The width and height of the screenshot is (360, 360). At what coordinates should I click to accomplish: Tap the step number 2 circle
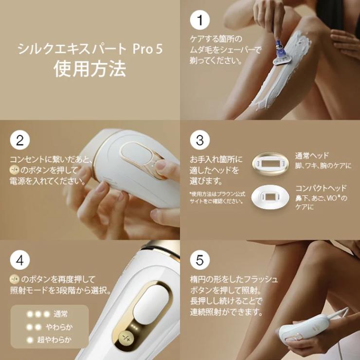tap(20, 141)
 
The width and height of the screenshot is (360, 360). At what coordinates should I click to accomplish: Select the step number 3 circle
tap(199, 141)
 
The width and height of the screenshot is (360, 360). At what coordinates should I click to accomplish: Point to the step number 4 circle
tap(20, 260)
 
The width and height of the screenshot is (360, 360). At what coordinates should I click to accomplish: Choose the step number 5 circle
tap(199, 260)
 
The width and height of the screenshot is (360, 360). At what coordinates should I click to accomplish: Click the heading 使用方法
tap(90, 69)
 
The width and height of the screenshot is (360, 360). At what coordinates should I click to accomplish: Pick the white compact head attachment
tap(270, 197)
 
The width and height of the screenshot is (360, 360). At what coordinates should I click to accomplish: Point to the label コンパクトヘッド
tap(321, 188)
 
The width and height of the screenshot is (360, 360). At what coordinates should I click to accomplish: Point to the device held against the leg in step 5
tap(302, 333)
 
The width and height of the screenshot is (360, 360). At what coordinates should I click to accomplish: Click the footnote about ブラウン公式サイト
tap(216, 197)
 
